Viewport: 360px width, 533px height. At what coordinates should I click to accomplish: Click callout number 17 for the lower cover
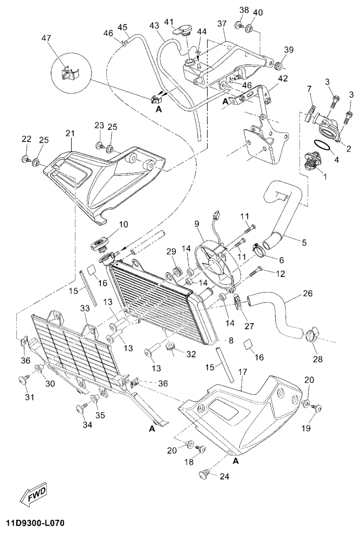click(x=242, y=372)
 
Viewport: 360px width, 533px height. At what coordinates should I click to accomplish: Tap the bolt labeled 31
click(x=24, y=380)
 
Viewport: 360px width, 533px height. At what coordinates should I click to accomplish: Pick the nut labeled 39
click(x=279, y=66)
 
